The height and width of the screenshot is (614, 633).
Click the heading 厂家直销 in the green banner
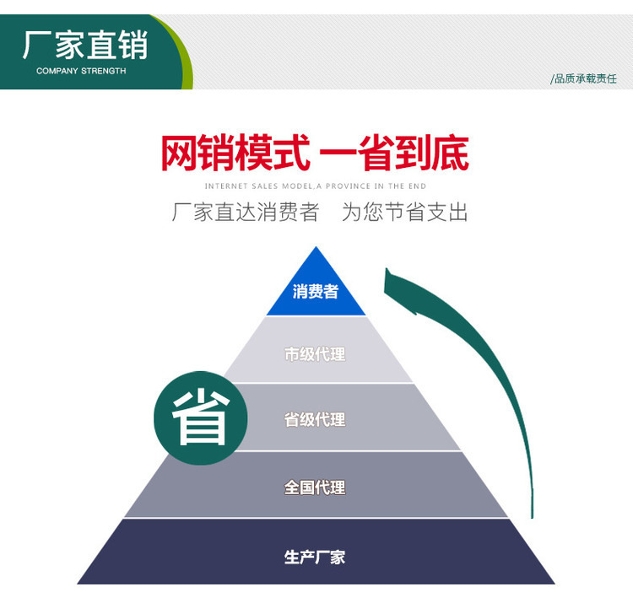[x=84, y=44]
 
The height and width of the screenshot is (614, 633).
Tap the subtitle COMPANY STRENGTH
[x=81, y=71]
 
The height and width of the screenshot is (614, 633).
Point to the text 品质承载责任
[x=585, y=78]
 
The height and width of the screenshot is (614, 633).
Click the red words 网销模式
[x=235, y=153]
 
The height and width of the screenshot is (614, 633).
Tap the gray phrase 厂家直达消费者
[x=246, y=212]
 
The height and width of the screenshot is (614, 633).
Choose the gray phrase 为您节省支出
[x=404, y=212]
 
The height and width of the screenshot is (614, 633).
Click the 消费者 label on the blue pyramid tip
[x=316, y=292]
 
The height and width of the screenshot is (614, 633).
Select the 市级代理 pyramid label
[x=315, y=354]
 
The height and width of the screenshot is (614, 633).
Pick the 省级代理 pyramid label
[x=315, y=419]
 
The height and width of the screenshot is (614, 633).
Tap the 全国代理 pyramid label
[x=315, y=487]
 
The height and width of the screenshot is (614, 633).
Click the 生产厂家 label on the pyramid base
[x=315, y=557]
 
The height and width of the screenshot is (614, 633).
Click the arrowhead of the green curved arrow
[x=397, y=283]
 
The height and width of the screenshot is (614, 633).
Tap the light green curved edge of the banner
[x=182, y=59]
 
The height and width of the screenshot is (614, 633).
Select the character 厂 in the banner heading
[x=37, y=44]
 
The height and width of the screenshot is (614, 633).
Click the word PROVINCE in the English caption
[x=349, y=186]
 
